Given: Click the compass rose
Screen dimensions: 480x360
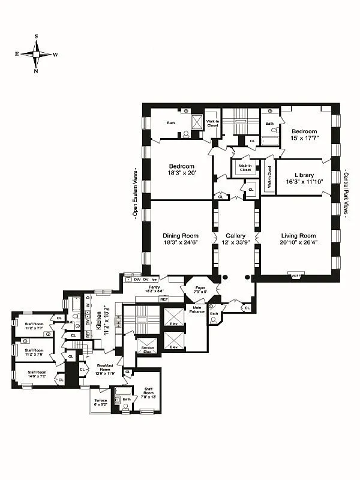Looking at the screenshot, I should point(37,54).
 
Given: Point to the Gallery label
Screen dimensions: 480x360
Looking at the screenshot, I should point(235,236).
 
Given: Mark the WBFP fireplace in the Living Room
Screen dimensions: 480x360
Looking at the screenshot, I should point(296,276).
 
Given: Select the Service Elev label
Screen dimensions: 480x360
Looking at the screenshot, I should point(147,349).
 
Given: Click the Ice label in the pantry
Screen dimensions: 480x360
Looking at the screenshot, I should point(154,280).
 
